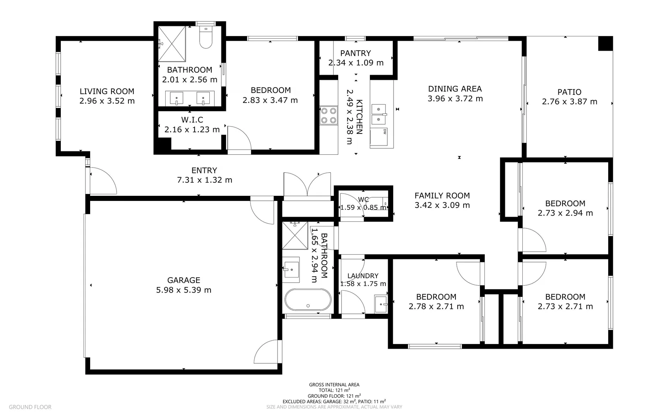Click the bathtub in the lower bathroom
308,300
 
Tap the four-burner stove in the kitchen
329,115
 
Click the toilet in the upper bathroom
205,38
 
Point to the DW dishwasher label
385,132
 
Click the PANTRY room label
355,53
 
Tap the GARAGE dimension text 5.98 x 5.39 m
184,290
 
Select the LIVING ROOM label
107,91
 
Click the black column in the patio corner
605,43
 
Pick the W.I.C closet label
192,120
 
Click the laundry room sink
381,304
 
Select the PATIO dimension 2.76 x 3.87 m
569,102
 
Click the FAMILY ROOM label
442,195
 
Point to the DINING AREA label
455,89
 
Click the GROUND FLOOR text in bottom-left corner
30,407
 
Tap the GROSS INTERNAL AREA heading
334,384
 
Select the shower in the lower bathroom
295,235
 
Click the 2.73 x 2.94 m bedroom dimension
565,213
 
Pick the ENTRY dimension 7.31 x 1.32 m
204,180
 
